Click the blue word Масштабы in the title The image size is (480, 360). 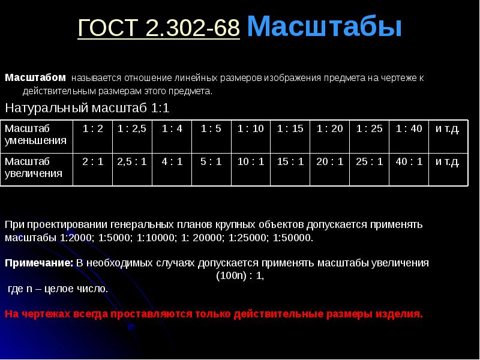pos(324,26)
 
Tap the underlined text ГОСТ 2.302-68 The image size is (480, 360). pos(158,28)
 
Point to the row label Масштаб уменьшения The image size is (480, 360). pos(35,134)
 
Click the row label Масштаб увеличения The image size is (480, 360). pos(34,167)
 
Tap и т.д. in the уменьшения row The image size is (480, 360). pos(447,129)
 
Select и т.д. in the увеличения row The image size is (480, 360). pos(447,161)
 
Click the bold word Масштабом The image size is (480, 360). pos(35,77)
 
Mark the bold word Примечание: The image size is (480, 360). pos(39,263)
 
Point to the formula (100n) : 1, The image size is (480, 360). pos(240,276)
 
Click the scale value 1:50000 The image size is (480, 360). pos(293,238)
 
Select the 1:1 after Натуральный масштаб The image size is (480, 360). pos(160,108)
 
